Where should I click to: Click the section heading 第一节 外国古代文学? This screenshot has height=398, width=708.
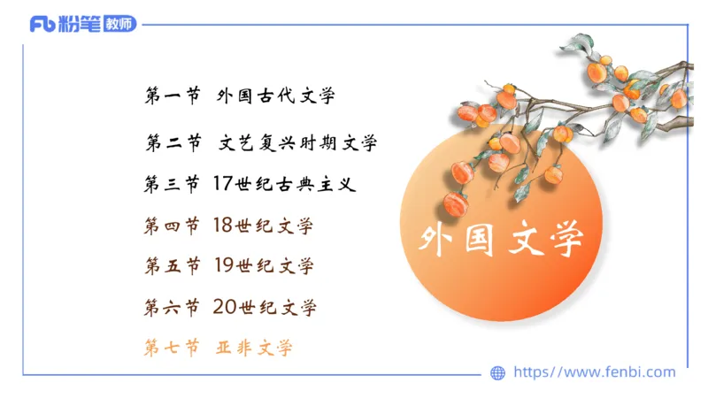(240, 96)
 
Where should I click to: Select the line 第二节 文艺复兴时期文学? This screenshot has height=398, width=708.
(261, 142)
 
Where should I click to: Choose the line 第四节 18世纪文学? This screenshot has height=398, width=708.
(228, 226)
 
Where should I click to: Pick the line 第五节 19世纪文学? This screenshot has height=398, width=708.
(229, 265)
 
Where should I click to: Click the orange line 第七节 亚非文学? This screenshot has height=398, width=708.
(218, 348)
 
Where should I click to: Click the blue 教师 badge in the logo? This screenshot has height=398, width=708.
(119, 24)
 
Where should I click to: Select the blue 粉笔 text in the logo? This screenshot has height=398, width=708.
(80, 24)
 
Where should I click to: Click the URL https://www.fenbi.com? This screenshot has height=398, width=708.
(595, 372)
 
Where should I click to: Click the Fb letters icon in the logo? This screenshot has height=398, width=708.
(42, 24)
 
